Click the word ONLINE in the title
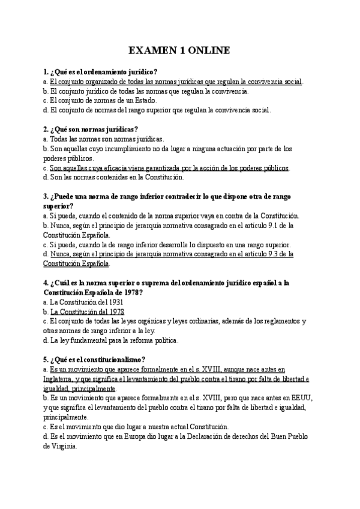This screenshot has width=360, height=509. pos(209,51)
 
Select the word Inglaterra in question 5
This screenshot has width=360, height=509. pos(59,379)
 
